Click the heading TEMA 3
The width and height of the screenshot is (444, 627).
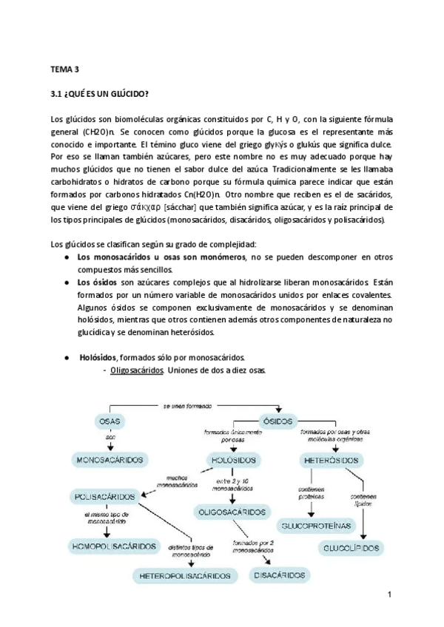click(64, 70)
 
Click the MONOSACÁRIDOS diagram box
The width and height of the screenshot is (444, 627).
click(110, 460)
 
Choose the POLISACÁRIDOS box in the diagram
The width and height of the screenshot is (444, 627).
click(106, 495)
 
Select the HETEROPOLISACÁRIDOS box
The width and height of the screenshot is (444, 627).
click(185, 575)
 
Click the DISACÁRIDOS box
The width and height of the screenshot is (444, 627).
click(280, 575)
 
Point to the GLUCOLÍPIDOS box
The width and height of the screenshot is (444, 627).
click(351, 548)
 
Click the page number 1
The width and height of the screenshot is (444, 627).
click(388, 594)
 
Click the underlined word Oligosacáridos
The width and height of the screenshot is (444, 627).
click(137, 370)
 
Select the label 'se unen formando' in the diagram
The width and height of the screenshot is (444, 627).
click(186, 406)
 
